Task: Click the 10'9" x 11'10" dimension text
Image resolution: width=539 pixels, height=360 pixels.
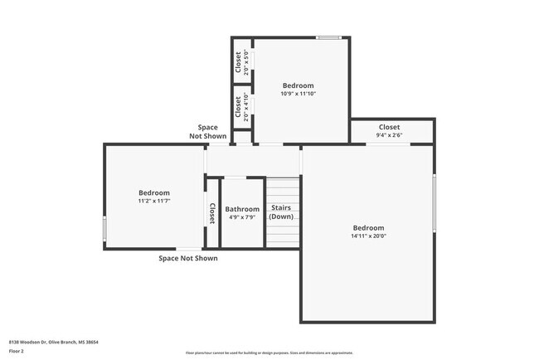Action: [x=298, y=94]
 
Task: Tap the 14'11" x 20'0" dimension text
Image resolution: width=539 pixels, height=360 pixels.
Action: [x=368, y=236]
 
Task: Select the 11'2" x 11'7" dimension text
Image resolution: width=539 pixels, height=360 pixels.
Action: [x=153, y=201]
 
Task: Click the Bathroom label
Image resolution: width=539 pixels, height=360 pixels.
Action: [x=242, y=209]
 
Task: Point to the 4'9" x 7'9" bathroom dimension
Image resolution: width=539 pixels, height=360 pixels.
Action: [x=242, y=218]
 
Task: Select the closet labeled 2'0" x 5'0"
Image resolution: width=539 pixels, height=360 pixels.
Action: [x=241, y=63]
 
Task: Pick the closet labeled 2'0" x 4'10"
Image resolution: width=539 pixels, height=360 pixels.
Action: [x=241, y=109]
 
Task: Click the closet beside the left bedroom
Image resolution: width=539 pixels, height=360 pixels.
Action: [x=212, y=214]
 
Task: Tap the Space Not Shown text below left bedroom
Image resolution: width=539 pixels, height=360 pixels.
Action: [x=187, y=258]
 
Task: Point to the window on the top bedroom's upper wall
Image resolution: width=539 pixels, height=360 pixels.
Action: [x=328, y=37]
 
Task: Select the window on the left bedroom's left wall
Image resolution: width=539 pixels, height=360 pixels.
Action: [x=104, y=229]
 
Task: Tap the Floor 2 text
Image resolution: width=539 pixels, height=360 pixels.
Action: [x=17, y=350]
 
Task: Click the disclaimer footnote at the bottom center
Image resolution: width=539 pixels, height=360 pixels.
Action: [x=269, y=353]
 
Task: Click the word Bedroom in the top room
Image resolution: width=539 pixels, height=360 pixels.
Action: [x=298, y=85]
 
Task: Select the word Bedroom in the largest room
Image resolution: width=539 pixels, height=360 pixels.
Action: [x=368, y=227]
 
